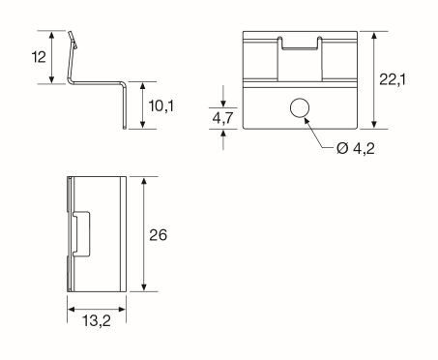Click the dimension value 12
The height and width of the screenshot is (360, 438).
coord(38,57)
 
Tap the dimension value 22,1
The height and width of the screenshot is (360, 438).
coord(393,79)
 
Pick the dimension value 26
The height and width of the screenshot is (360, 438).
coord(160,235)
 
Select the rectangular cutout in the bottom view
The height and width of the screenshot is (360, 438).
coord(80,234)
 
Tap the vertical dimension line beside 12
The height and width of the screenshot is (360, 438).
coord(53,57)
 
